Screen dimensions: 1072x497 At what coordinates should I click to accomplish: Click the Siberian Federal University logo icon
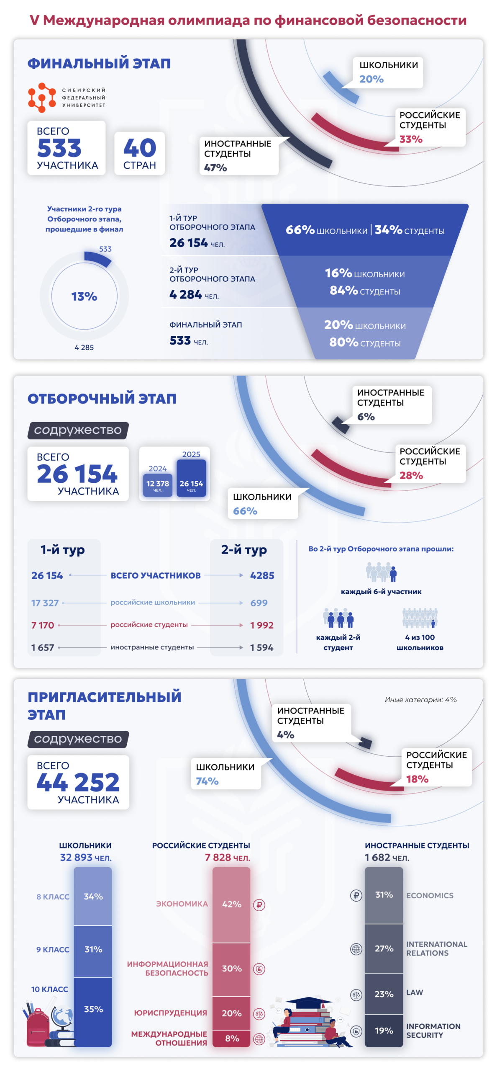42,98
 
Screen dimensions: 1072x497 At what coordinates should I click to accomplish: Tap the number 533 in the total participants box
59,148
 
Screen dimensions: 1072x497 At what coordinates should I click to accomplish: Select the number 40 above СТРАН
140,148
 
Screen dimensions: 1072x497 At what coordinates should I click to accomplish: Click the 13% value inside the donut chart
84,296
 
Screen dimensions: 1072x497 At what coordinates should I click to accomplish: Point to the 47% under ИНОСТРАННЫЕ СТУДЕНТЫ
215,167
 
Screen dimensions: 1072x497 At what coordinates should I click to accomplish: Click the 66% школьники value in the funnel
300,230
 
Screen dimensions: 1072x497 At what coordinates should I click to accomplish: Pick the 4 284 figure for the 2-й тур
186,295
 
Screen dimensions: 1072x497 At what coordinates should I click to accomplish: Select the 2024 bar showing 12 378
158,485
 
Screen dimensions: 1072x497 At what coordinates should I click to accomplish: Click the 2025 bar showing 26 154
191,478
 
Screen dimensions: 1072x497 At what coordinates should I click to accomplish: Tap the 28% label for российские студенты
411,475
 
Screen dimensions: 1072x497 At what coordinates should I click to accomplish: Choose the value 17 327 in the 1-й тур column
45,603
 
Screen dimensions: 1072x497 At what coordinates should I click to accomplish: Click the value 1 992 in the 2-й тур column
262,625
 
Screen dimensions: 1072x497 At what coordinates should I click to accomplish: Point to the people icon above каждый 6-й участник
381,572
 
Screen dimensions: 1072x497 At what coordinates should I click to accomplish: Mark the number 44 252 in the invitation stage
78,782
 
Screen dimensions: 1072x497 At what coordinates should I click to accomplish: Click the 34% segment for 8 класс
93,896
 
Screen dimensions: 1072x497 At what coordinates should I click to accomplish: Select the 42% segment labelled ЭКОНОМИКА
231,904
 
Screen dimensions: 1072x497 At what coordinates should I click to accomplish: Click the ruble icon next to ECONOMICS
356,895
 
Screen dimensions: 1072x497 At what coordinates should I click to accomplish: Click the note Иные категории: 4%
420,699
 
